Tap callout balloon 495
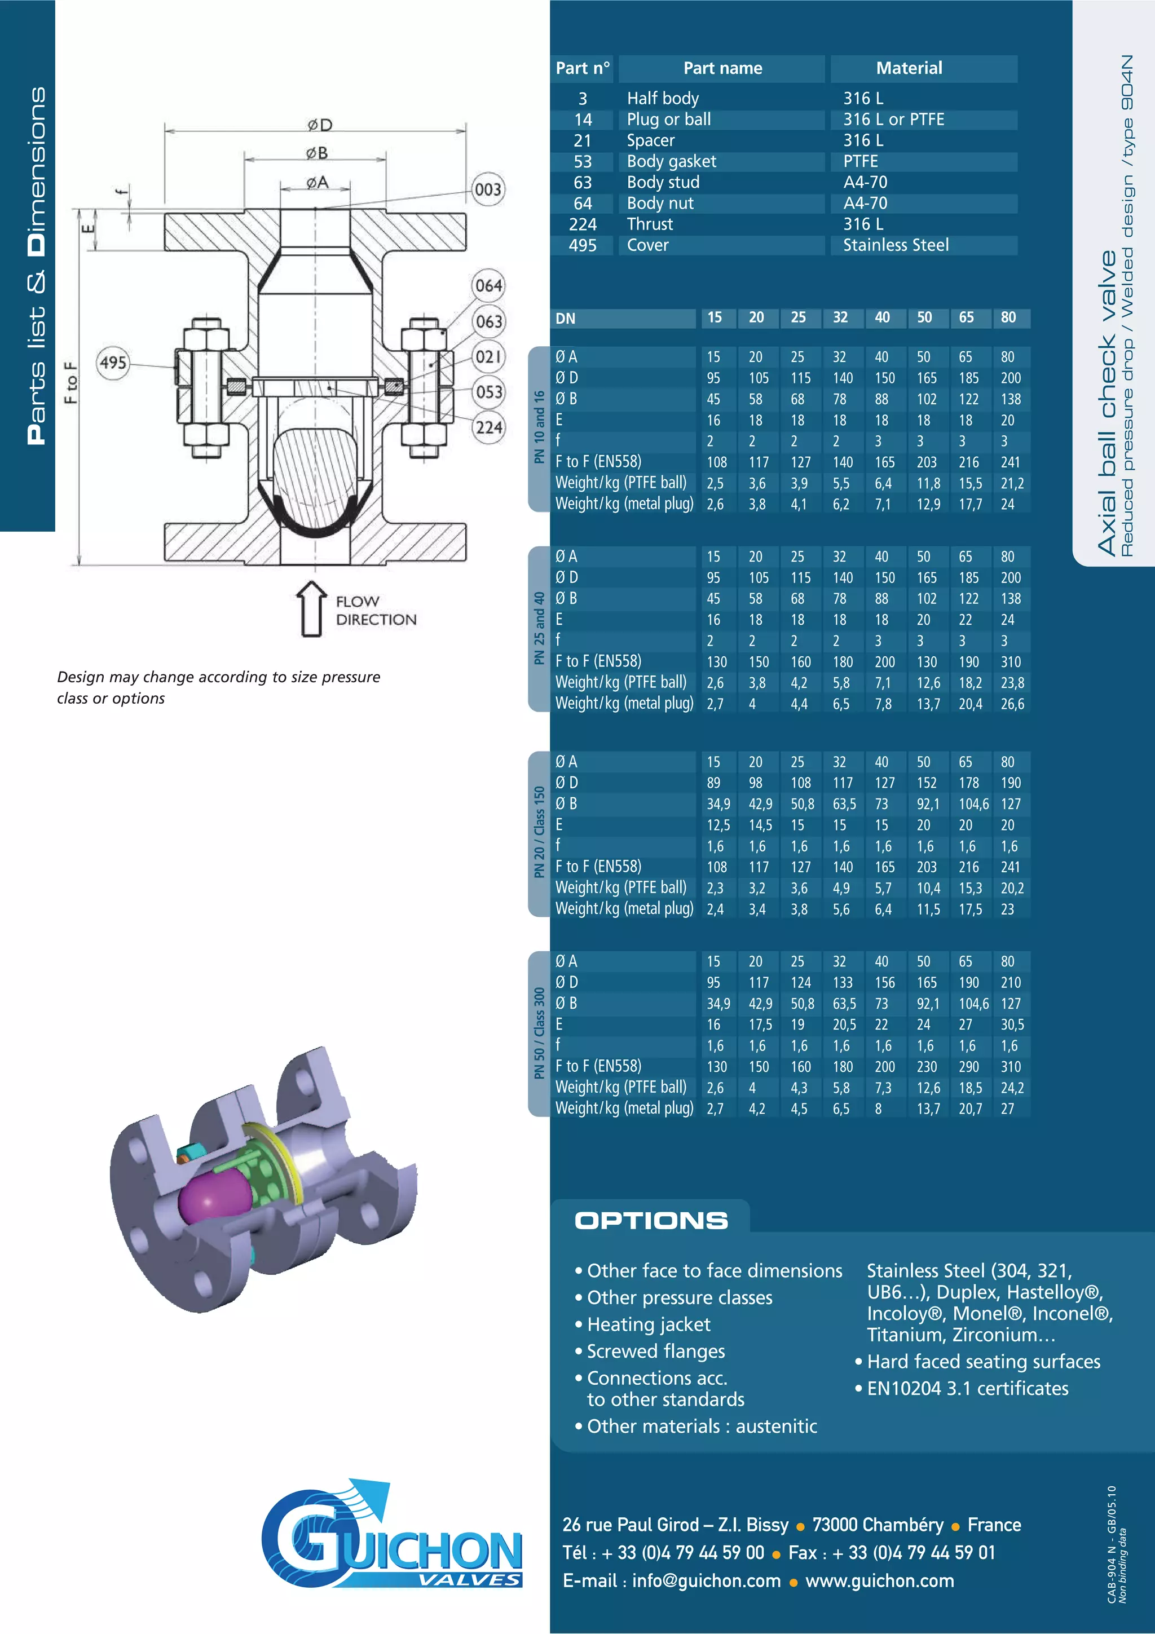click(113, 363)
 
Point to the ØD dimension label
click(320, 125)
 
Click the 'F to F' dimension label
click(70, 382)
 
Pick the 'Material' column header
click(909, 68)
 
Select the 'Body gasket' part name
click(671, 162)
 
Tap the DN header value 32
click(840, 317)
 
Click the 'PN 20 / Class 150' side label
click(539, 832)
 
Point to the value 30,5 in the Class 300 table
click(1011, 1025)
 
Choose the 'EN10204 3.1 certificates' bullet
click(967, 1389)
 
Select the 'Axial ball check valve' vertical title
click(1106, 402)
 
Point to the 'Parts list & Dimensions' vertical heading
click(36, 266)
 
